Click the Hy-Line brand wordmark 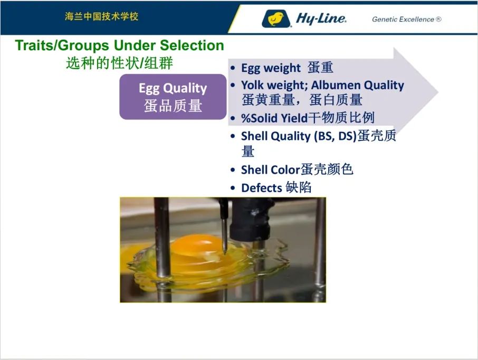coord(321,19)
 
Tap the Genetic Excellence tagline coord(406,19)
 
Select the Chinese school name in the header coord(101,16)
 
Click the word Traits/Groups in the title coord(62,45)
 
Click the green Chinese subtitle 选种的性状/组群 coord(119,63)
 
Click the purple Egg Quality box coord(173,97)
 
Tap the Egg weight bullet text coord(271,68)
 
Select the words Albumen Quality coord(358,85)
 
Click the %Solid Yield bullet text coord(274,118)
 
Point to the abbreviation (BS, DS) coord(336,136)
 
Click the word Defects coord(262,188)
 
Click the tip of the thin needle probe coord(225,253)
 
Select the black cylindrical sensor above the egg coord(250,220)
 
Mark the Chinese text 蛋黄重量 coord(268,100)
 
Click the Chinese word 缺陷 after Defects coord(299,187)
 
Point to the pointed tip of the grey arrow coord(438,91)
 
